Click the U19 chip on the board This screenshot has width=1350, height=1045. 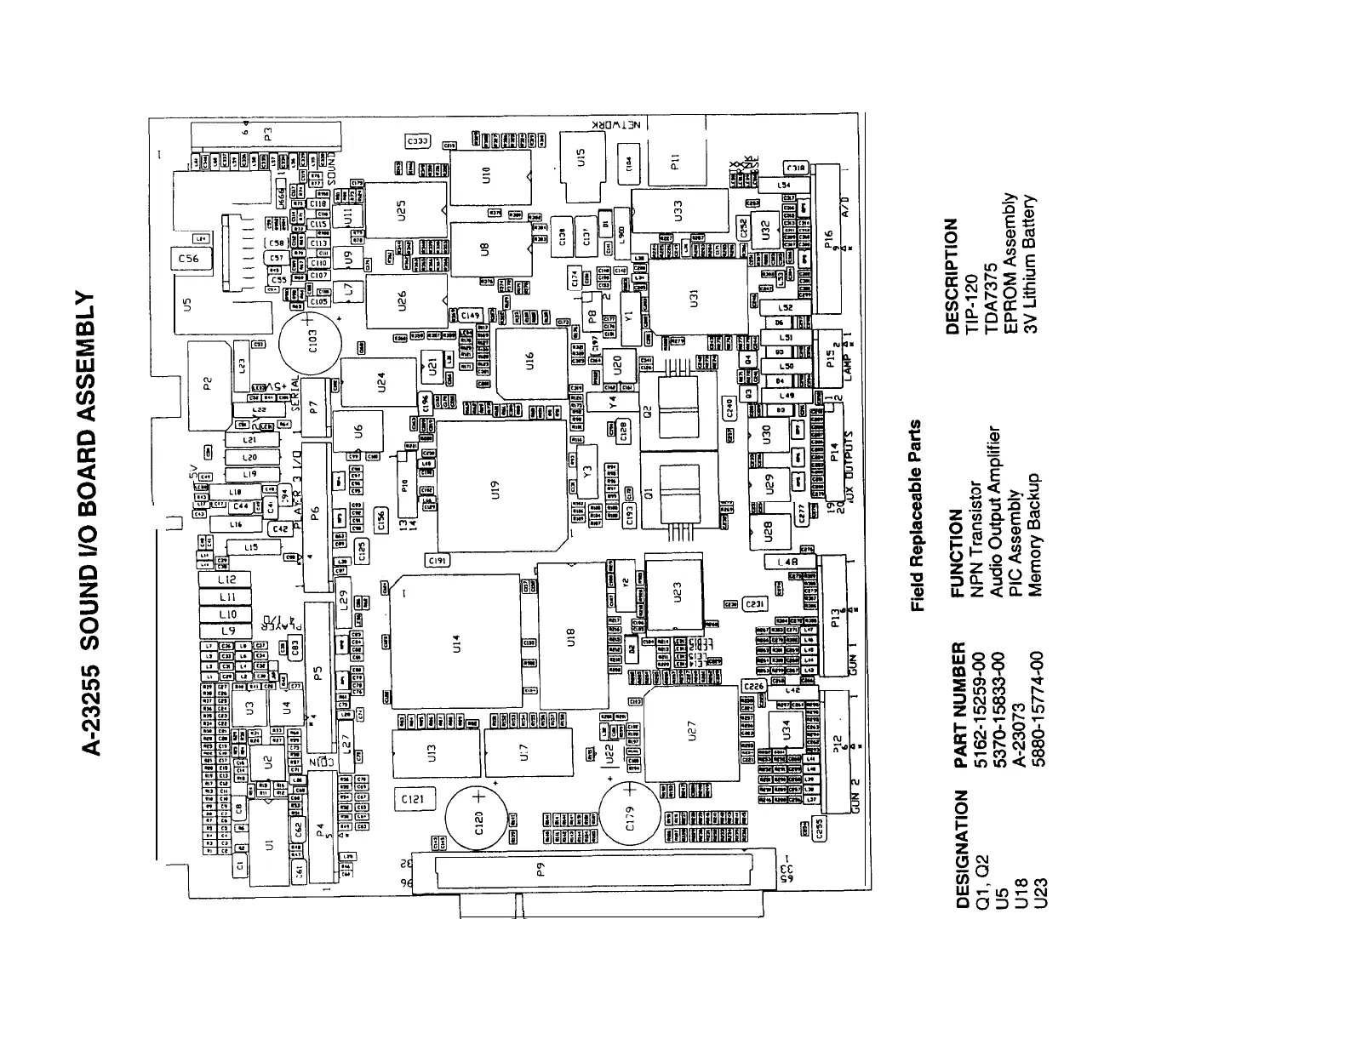pos(502,485)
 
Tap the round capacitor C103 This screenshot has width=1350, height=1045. pos(312,343)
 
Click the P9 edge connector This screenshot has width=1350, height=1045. pos(593,871)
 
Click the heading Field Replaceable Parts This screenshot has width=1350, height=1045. pos(917,516)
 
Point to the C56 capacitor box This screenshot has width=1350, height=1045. pos(188,259)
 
